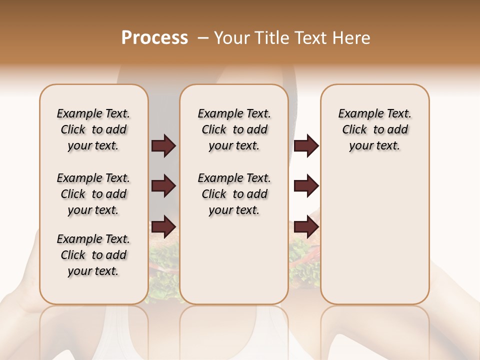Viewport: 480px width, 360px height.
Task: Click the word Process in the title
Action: (154, 38)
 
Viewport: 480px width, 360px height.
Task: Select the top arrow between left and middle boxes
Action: (163, 146)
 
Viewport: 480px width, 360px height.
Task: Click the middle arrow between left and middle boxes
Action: (163, 186)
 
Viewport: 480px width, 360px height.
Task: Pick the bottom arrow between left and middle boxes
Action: (163, 226)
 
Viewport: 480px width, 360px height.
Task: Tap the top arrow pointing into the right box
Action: (306, 146)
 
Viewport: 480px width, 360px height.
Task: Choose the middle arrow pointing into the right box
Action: (306, 186)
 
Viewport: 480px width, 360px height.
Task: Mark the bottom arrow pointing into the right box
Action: (306, 226)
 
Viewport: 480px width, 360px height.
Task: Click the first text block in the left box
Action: (93, 129)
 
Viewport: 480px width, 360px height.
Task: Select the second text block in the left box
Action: (93, 194)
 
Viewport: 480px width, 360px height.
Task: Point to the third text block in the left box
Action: (93, 255)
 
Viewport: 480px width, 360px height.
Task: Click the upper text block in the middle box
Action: (234, 129)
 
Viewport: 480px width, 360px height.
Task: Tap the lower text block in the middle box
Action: (234, 194)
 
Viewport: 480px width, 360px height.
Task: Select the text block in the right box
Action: (374, 129)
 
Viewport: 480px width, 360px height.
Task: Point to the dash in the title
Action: (203, 38)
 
